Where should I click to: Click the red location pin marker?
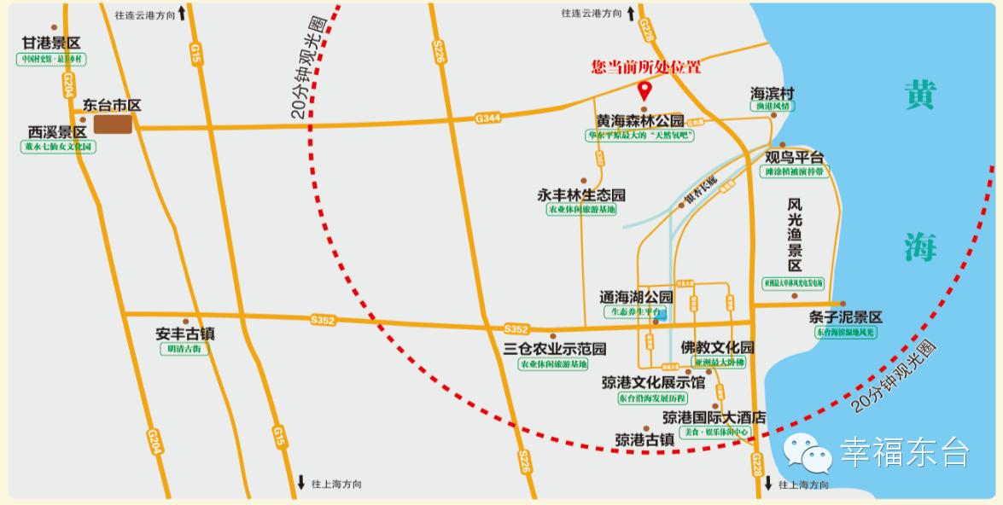pyautogui.click(x=644, y=88)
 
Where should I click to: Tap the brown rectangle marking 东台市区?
pyautogui.click(x=113, y=125)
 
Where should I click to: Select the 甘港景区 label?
pyautogui.click(x=51, y=44)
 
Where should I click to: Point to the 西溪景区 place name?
pyautogui.click(x=57, y=132)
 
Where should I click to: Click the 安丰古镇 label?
pyautogui.click(x=184, y=334)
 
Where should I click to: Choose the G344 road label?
pyautogui.click(x=489, y=118)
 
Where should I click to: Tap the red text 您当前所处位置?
pyautogui.click(x=646, y=67)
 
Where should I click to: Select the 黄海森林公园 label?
pyautogui.click(x=640, y=121)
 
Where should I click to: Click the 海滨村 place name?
pyautogui.click(x=773, y=92)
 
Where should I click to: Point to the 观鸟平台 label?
pyautogui.click(x=795, y=157)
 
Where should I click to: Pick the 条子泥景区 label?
pyautogui.click(x=845, y=316)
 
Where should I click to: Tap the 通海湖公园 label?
pyautogui.click(x=637, y=297)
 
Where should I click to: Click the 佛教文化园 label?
pyautogui.click(x=718, y=347)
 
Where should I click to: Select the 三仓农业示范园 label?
pyautogui.click(x=555, y=349)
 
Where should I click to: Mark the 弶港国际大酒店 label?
pyautogui.click(x=714, y=418)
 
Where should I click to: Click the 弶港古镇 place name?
pyautogui.click(x=644, y=440)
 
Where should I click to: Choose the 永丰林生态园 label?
pyautogui.click(x=581, y=194)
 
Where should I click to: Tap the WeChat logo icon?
pyautogui.click(x=808, y=451)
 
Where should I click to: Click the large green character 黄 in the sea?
pyautogui.click(x=920, y=94)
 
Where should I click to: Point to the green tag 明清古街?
pyautogui.click(x=184, y=349)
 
